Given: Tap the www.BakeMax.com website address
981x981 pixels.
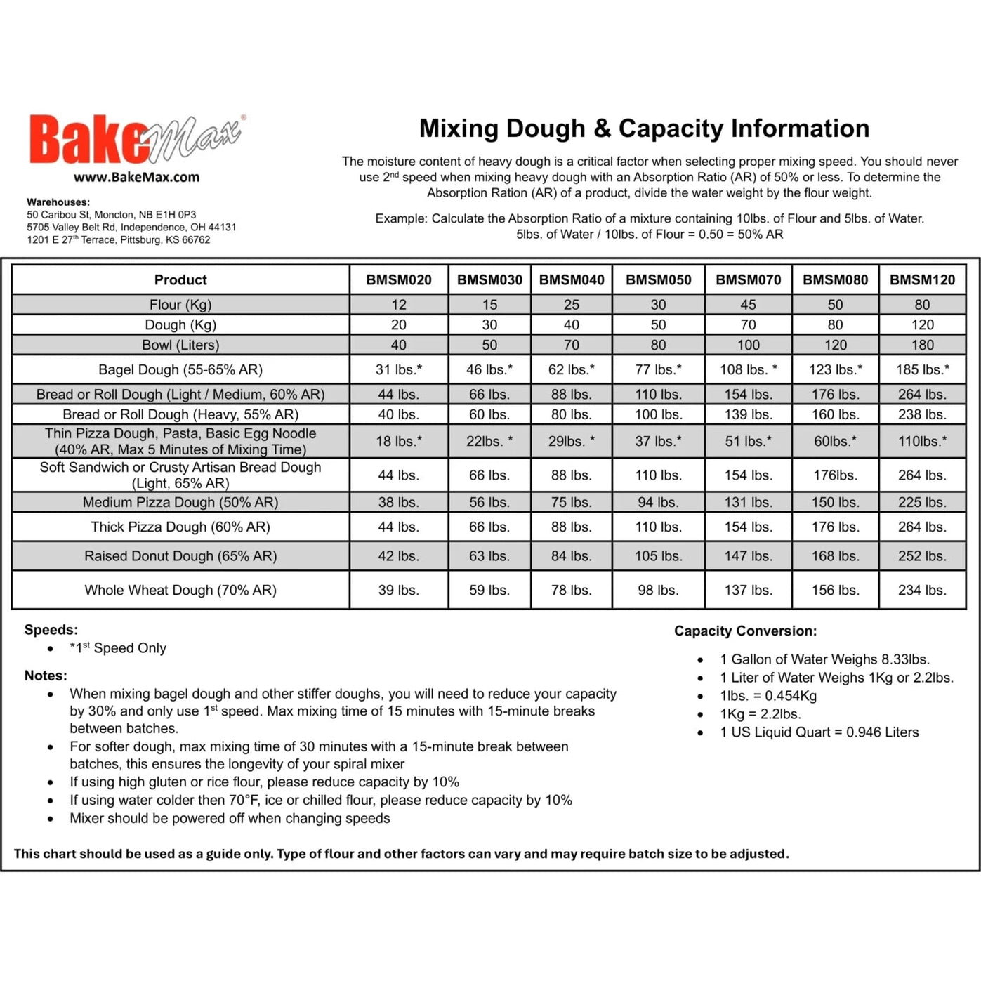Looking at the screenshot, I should coord(136,178).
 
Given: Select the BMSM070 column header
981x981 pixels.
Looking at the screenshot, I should coord(748,280).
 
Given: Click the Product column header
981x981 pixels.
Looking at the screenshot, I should coord(180,280).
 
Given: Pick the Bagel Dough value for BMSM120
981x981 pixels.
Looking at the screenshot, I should coord(922,369).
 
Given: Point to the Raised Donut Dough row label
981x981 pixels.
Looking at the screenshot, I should coord(180,556).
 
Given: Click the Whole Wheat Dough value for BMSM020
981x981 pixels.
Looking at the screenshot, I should coord(398,591).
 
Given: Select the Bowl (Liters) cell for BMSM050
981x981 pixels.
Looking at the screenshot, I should coord(658,345).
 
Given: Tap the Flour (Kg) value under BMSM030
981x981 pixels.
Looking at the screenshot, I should coord(489,305).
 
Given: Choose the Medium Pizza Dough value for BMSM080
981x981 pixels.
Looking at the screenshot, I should coord(835,503).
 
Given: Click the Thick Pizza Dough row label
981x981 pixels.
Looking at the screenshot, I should coord(180,527).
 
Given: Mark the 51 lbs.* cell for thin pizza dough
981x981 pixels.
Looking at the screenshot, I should coord(748,442).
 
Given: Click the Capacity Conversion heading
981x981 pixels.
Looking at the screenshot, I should coord(745,631).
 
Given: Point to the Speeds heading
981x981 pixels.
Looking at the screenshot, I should coord(51,630).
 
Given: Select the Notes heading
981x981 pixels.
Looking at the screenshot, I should coord(46,676).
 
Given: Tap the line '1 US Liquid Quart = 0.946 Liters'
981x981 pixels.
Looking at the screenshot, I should coord(819,732).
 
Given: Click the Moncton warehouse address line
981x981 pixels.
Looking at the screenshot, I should coord(112,215).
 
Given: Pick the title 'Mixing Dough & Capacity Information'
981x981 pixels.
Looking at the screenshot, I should coord(644,129).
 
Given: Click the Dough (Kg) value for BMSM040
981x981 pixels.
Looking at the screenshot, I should coord(571,325).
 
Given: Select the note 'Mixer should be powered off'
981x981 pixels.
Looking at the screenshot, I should coord(230,819).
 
